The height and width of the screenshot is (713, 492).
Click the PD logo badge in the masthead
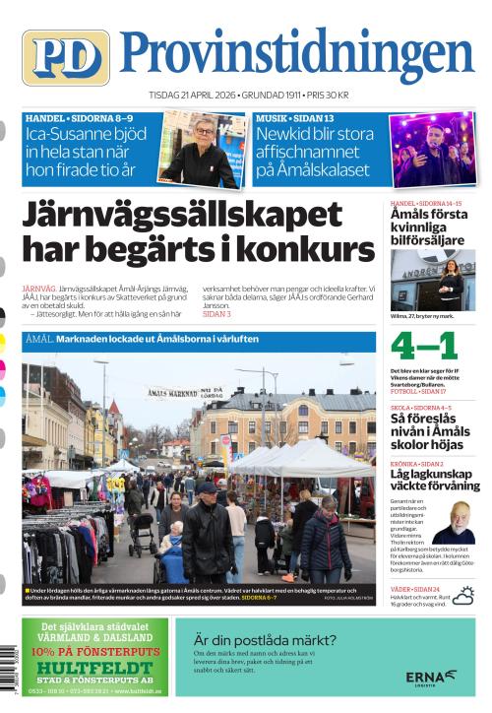click(65, 57)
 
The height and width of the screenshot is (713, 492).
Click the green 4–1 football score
click(424, 347)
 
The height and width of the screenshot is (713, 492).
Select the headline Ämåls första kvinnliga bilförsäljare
click(430, 227)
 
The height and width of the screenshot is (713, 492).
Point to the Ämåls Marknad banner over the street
click(184, 392)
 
